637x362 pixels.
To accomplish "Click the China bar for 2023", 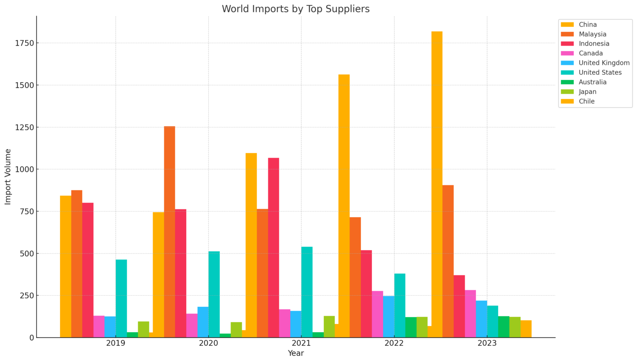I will click(437, 185).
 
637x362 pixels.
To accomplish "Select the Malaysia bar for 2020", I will click(170, 232).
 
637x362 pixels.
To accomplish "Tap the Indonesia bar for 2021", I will click(274, 248).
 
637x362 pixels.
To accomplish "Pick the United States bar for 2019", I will click(122, 299).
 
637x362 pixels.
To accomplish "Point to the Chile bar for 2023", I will click(526, 329).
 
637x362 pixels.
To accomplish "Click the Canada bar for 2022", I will click(377, 314).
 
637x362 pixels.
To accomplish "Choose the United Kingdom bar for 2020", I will click(203, 322).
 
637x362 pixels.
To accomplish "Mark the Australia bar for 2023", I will click(503, 327).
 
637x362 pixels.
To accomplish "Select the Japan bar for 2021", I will click(329, 327).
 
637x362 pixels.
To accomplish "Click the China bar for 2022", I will click(344, 206).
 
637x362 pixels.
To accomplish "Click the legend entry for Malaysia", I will click(593, 34).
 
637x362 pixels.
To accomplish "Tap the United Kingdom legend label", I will click(604, 63).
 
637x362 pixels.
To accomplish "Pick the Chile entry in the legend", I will click(586, 101).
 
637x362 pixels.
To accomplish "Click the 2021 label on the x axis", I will click(301, 343).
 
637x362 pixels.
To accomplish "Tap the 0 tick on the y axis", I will click(32, 338).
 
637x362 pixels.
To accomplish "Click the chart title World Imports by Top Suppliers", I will click(296, 9).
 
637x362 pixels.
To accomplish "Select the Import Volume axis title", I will click(8, 177).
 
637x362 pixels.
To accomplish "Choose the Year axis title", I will click(296, 353).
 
